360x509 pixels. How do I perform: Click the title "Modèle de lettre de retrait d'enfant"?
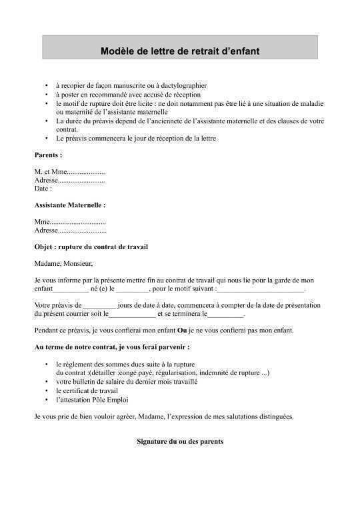click(180, 51)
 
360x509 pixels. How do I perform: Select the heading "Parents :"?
click(48, 155)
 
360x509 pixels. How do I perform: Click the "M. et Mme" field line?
click(69, 172)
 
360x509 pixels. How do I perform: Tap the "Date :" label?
click(43, 189)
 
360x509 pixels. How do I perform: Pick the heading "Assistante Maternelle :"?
click(70, 205)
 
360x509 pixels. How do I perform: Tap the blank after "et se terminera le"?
click(227, 313)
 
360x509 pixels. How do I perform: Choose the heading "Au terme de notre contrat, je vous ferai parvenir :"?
click(112, 347)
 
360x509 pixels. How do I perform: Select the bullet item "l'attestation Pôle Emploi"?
click(92, 400)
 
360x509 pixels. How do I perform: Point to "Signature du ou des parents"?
click(180, 442)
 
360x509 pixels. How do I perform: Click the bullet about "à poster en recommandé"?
click(128, 95)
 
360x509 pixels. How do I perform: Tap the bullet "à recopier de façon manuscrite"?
click(131, 86)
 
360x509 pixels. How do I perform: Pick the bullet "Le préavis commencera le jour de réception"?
click(136, 138)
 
